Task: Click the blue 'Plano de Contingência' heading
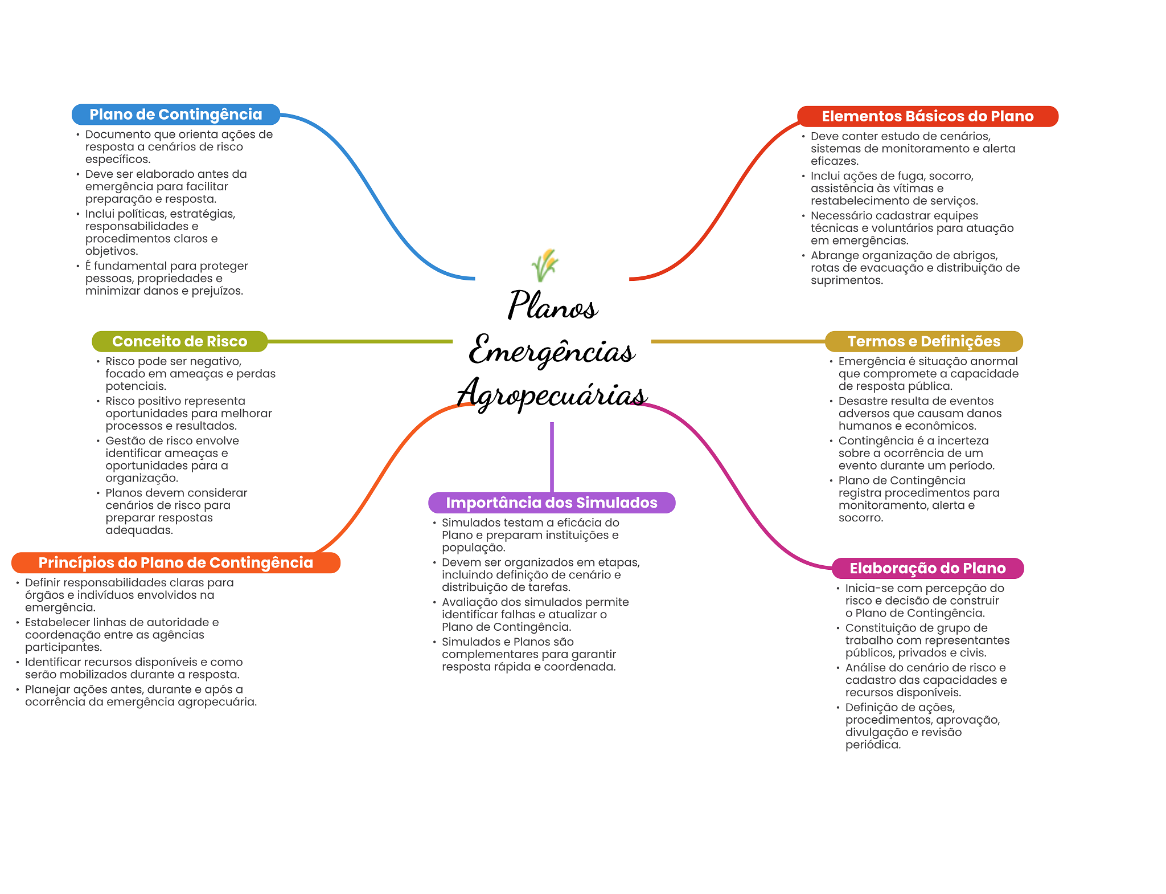coord(175,115)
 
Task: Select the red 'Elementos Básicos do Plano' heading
coord(927,116)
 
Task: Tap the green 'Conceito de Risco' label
coord(179,341)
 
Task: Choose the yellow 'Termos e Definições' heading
coord(923,341)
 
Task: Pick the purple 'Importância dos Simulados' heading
coord(551,503)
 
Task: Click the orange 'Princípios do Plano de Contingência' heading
coord(175,562)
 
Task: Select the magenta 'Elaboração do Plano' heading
coord(927,568)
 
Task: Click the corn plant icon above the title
coord(545,265)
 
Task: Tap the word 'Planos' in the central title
coord(552,305)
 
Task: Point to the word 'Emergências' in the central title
coord(552,350)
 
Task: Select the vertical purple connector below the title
coord(552,456)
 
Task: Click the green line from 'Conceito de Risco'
coord(359,341)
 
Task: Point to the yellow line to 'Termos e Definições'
coord(737,341)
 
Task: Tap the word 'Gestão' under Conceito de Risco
coord(124,441)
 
